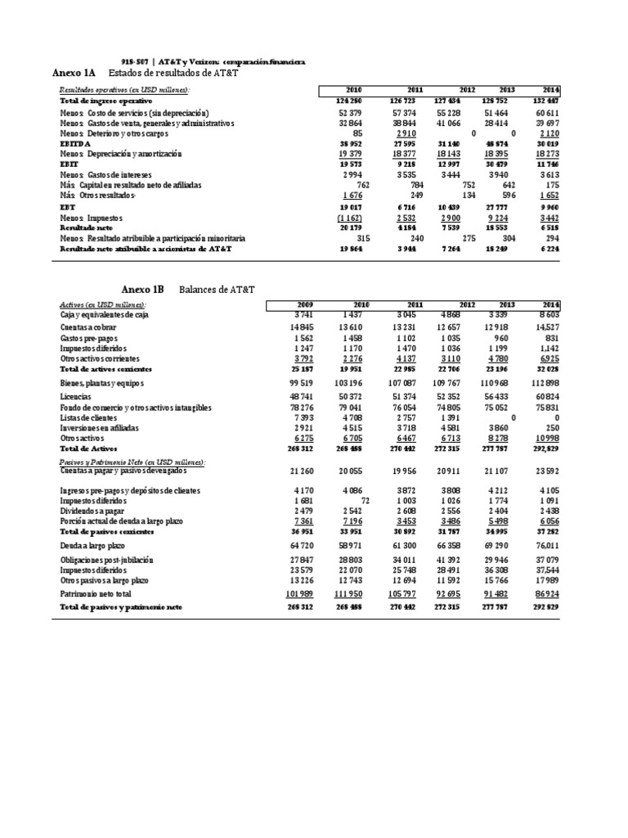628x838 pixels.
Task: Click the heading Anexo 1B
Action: coord(142,290)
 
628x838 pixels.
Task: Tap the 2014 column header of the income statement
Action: coord(550,89)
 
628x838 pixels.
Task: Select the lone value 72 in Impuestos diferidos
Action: coord(367,499)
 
